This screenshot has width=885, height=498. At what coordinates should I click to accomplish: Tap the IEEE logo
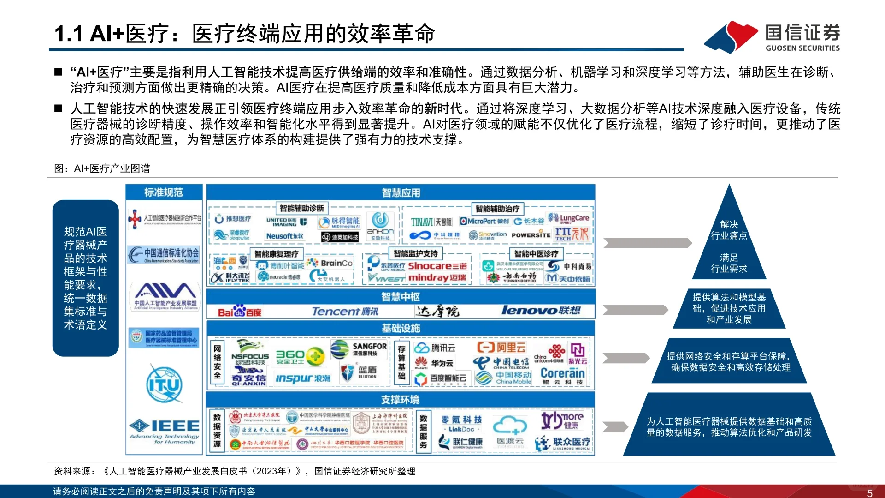[165, 431]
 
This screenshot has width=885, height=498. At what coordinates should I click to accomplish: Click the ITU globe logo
[164, 384]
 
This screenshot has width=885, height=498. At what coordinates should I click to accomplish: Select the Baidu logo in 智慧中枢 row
[240, 312]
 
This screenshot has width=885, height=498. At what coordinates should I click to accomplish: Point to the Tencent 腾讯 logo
[345, 312]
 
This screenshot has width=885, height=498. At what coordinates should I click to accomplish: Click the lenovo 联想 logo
[541, 311]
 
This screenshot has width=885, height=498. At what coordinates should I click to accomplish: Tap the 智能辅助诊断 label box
[301, 209]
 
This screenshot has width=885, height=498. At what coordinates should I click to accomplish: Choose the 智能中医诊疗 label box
[536, 253]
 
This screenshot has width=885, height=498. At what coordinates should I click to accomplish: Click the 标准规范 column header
[164, 192]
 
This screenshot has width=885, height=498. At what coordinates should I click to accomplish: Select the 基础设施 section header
[401, 328]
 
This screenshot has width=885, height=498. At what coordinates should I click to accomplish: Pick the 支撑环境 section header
[401, 400]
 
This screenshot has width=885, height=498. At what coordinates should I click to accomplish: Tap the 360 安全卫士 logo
[300, 356]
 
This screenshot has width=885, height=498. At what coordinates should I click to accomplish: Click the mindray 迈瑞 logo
[437, 277]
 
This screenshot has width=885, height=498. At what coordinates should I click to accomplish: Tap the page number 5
[870, 493]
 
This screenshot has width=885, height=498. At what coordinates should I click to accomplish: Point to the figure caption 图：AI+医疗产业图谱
[102, 168]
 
